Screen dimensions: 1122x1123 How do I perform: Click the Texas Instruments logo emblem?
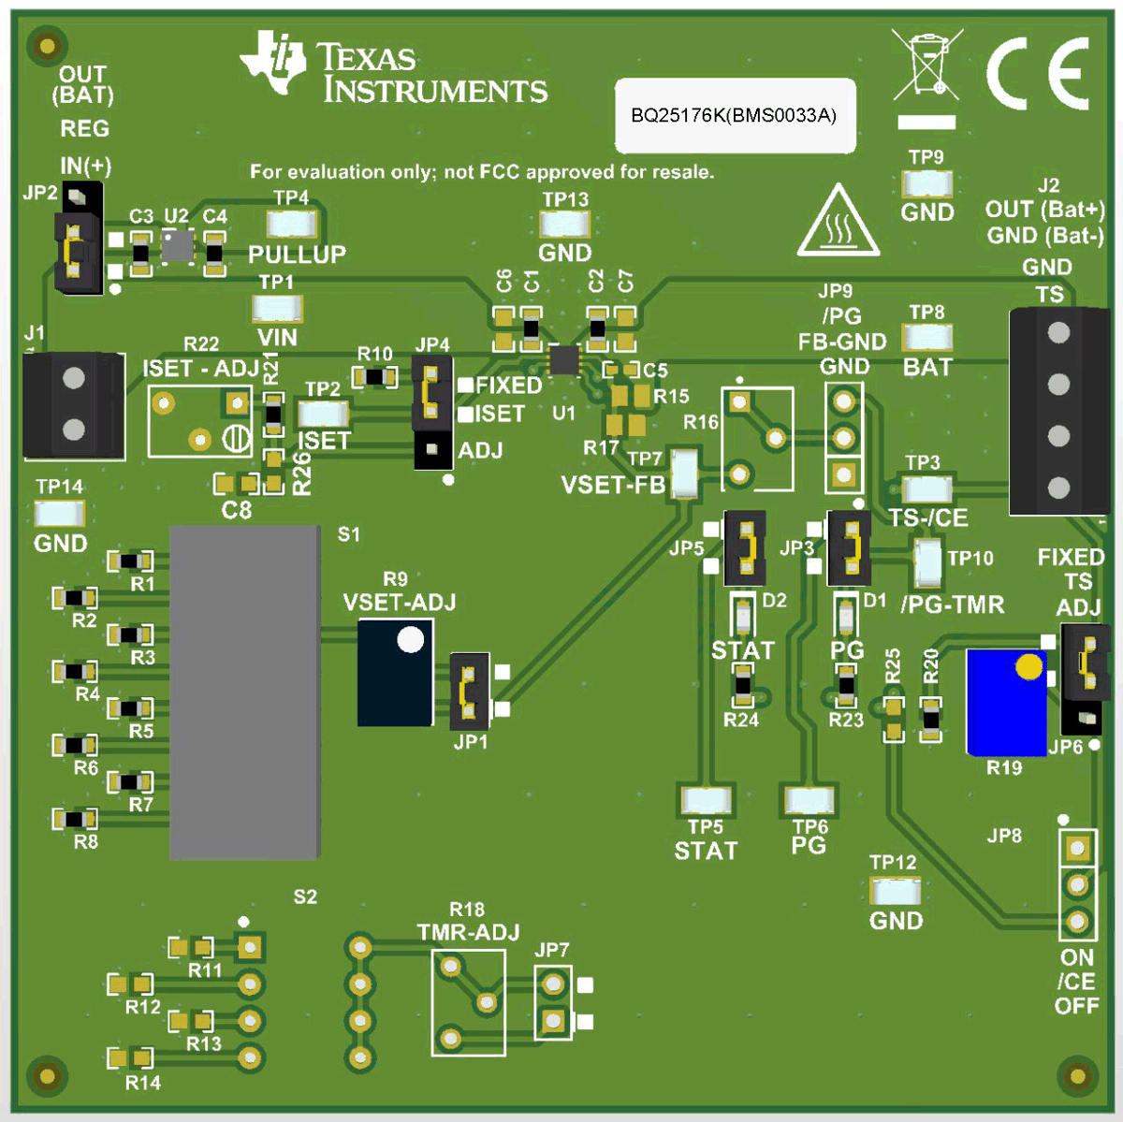[x=273, y=62]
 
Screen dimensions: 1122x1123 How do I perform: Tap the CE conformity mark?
[x=1038, y=73]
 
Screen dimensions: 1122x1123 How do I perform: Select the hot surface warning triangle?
[x=838, y=223]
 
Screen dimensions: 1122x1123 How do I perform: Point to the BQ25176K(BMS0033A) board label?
[x=735, y=115]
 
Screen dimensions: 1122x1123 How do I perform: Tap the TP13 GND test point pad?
[x=565, y=225]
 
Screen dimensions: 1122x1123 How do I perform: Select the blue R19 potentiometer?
[x=1006, y=703]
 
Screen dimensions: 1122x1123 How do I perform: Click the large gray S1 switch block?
[x=244, y=692]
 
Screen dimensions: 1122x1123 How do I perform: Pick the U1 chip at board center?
[x=563, y=359]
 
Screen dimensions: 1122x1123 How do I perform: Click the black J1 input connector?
[x=74, y=405]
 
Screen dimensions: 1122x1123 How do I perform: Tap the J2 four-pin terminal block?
[x=1058, y=411]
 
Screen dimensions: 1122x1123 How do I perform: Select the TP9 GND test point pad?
[x=926, y=183]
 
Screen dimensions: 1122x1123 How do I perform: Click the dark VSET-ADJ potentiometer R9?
[x=395, y=672]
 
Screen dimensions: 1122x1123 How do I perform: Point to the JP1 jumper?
[x=470, y=692]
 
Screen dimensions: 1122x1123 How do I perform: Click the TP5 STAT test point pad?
[x=706, y=800]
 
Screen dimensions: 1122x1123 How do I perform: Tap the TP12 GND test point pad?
[x=894, y=890]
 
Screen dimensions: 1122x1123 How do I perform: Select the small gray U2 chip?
[x=177, y=246]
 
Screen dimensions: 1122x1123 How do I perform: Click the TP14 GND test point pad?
[x=60, y=513]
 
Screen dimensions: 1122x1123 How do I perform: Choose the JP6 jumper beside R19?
[x=1086, y=678]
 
